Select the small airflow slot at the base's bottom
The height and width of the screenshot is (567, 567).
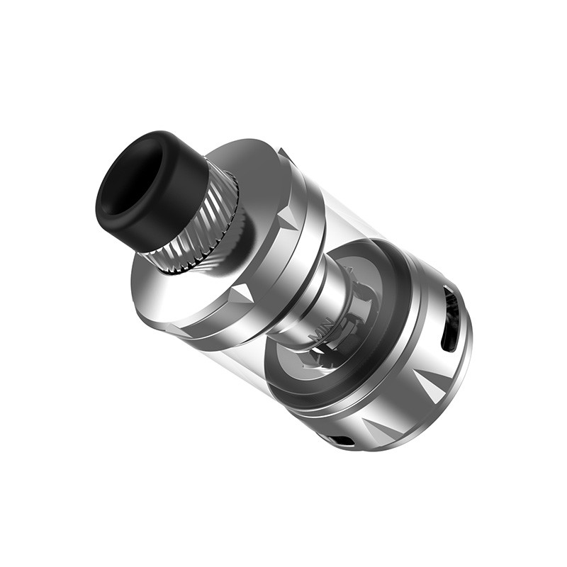pyautogui.click(x=343, y=441)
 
